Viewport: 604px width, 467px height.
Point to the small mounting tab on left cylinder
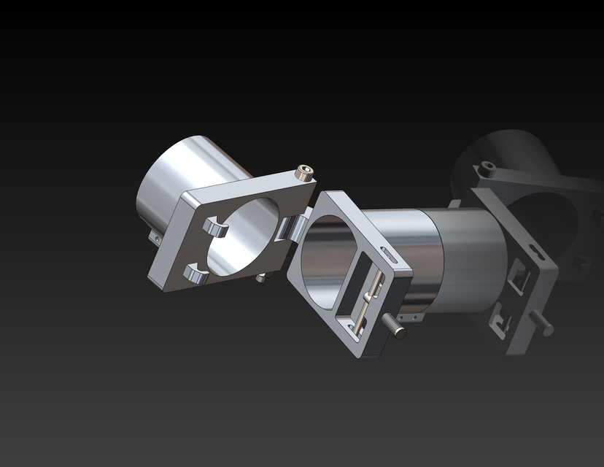click(155, 237)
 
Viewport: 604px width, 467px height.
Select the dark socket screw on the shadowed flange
click(487, 169)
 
